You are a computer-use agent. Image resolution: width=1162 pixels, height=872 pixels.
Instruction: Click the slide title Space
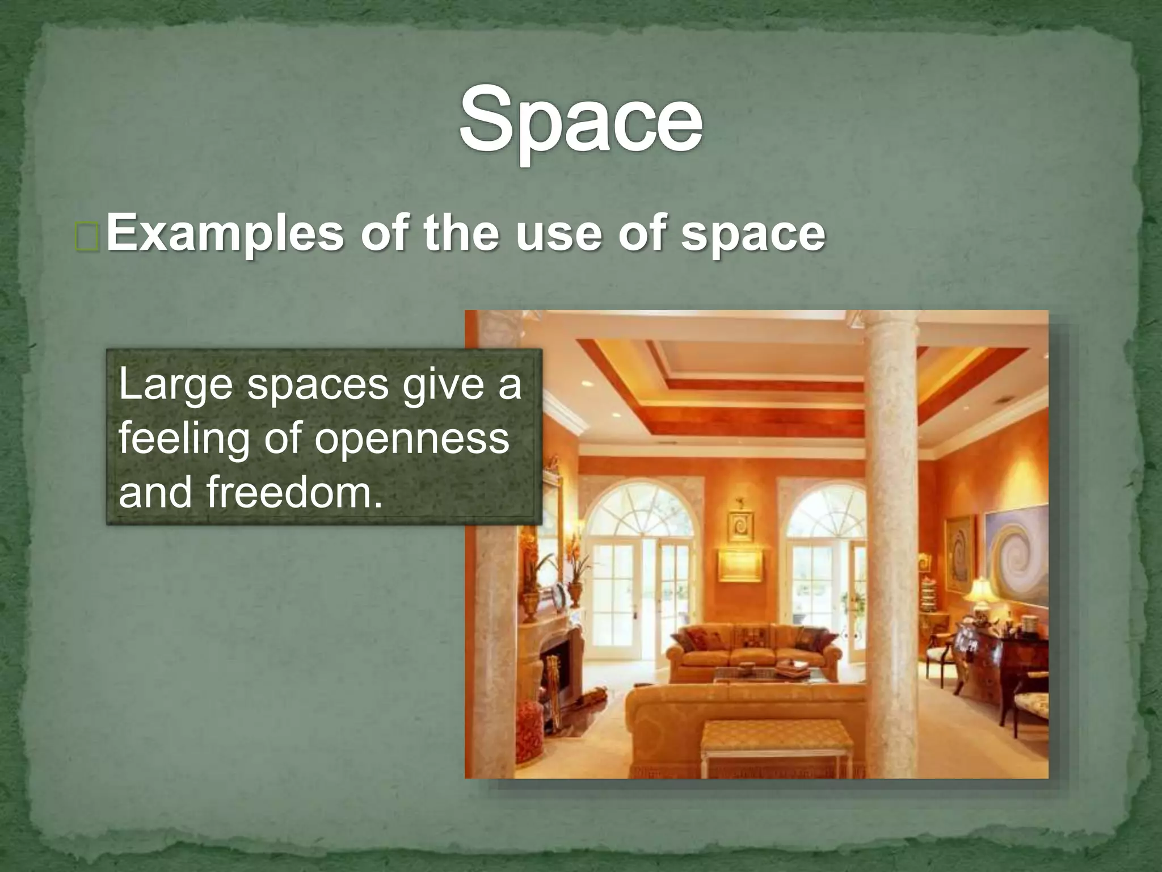pos(580,120)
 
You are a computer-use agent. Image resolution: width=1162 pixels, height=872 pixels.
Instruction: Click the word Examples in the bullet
pos(225,233)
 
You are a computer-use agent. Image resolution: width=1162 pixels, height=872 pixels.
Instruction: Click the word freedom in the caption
pos(294,492)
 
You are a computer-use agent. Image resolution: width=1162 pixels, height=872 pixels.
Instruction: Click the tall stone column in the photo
pos(891,539)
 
